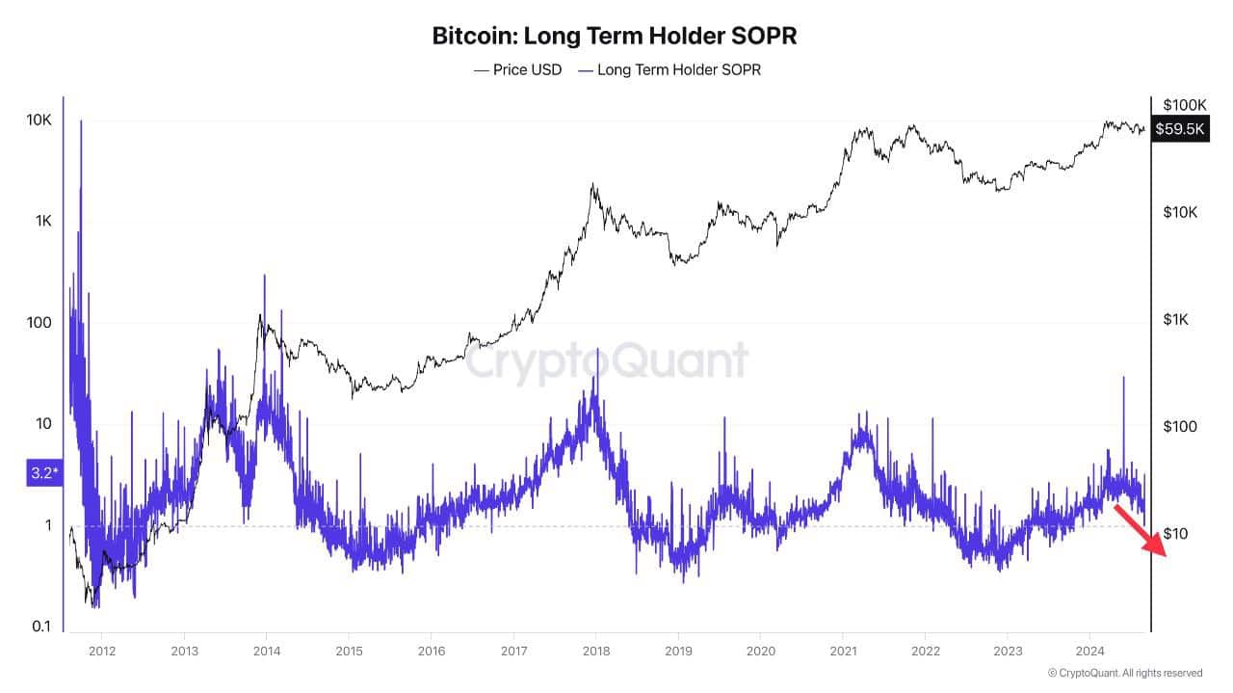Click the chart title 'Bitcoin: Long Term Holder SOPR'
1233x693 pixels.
(x=615, y=37)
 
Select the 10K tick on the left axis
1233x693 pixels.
(x=38, y=120)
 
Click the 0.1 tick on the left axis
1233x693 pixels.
(x=40, y=626)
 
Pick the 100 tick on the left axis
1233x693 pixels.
(x=38, y=323)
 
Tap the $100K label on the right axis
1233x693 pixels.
(x=1185, y=104)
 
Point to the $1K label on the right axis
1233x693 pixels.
(x=1179, y=319)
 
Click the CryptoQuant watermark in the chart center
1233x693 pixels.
(x=607, y=362)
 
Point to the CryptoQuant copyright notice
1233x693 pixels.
(x=1124, y=673)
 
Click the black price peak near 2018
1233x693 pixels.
(x=593, y=186)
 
